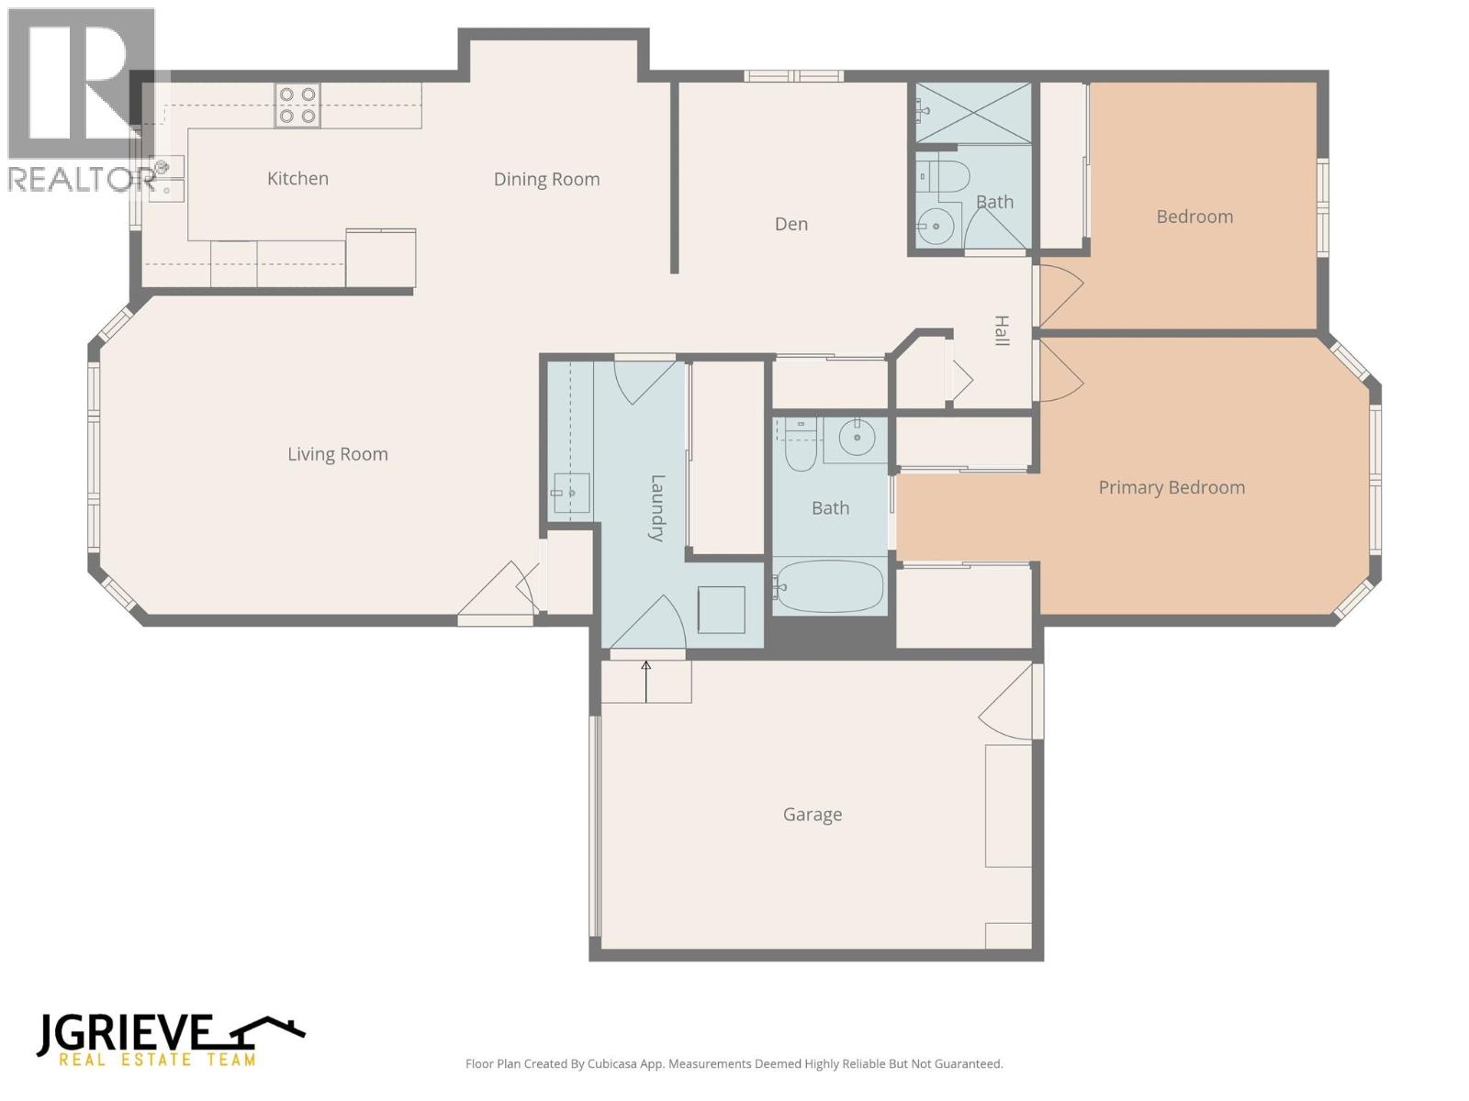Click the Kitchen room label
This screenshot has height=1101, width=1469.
click(x=297, y=179)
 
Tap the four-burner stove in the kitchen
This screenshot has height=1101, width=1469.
click(x=297, y=105)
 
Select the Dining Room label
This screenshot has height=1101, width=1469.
click(x=546, y=180)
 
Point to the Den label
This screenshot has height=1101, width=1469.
click(x=791, y=224)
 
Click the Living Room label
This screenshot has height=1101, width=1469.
click(x=337, y=454)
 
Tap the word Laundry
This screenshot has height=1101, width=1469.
click(x=657, y=507)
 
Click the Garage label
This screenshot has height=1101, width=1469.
click(x=812, y=815)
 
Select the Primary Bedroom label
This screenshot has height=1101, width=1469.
click(x=1172, y=488)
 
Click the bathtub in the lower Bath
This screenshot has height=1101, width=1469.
click(x=830, y=586)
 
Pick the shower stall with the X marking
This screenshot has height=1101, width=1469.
click(x=974, y=112)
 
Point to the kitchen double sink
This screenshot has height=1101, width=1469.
click(x=169, y=178)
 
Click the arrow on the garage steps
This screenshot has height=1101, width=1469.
click(x=646, y=681)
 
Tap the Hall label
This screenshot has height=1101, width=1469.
click(x=1002, y=330)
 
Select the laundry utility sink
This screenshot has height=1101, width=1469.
click(x=570, y=495)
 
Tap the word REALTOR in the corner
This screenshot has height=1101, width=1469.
click(x=79, y=180)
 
